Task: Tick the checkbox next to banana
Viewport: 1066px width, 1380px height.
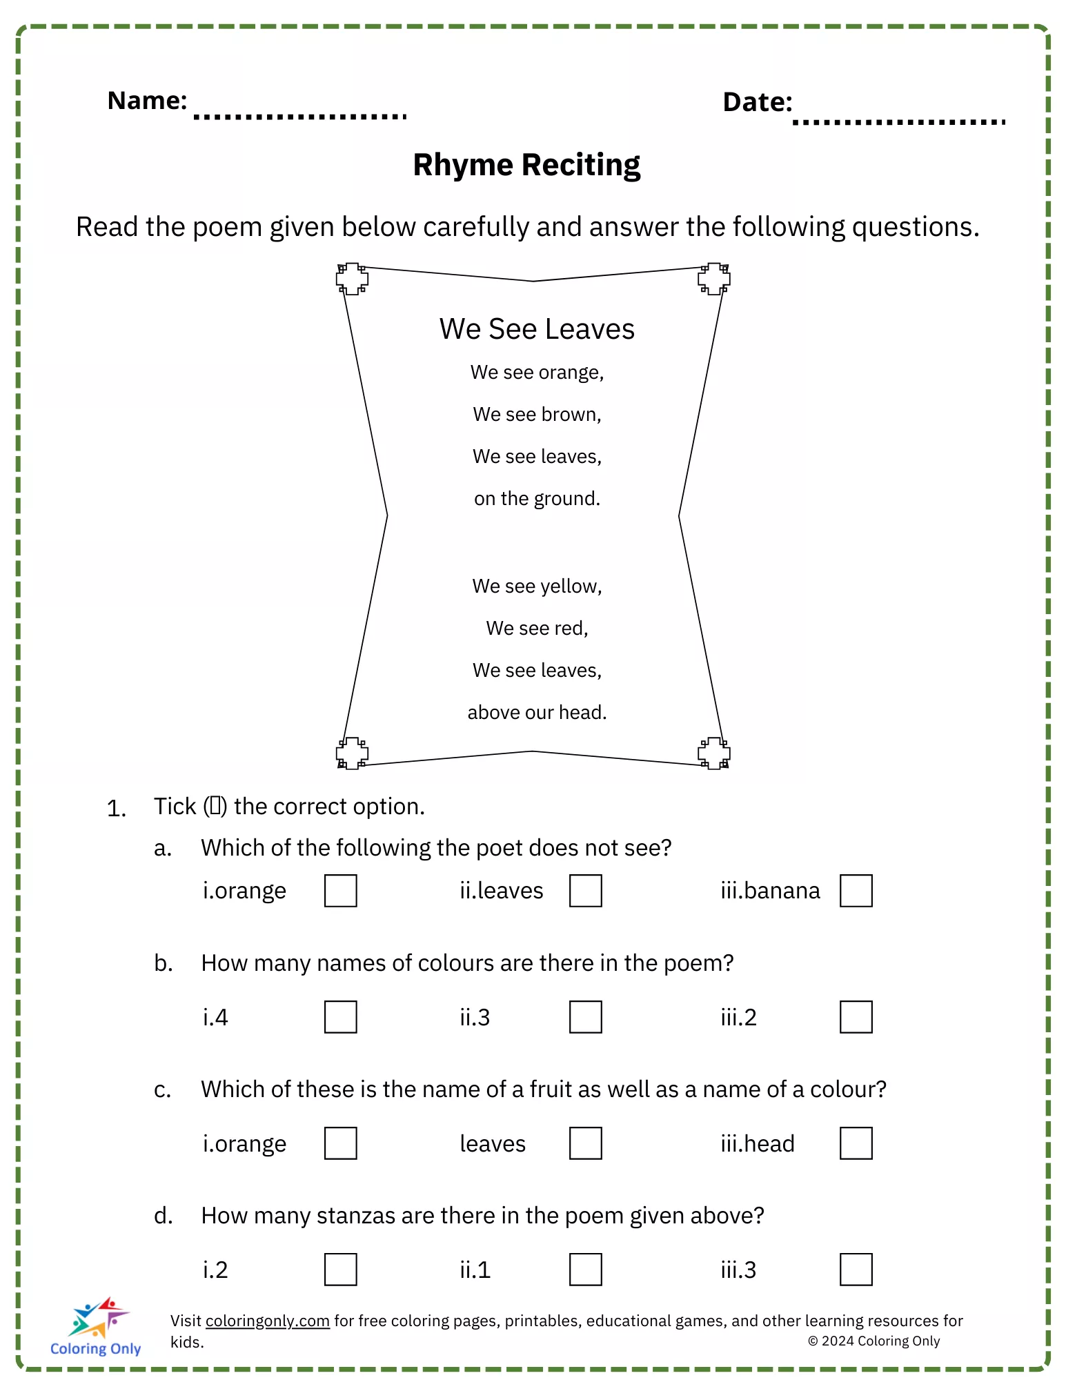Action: click(856, 890)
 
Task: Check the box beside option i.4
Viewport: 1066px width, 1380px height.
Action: click(340, 1016)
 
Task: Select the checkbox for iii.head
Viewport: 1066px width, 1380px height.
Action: click(856, 1143)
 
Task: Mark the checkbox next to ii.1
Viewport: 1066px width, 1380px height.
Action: click(585, 1269)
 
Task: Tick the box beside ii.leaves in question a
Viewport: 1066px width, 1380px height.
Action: click(585, 890)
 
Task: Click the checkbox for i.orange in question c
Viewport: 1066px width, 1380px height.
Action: click(340, 1143)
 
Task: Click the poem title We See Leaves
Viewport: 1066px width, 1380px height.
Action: click(537, 329)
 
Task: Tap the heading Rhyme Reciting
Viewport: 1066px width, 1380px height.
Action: click(526, 165)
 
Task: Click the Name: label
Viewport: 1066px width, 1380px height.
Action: click(147, 101)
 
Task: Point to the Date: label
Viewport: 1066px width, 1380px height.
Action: click(757, 102)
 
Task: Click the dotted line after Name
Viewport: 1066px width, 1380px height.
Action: click(300, 117)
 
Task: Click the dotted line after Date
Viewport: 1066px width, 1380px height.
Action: click(899, 122)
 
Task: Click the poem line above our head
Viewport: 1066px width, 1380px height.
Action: click(537, 712)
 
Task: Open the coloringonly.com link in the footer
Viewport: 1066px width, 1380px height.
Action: click(267, 1321)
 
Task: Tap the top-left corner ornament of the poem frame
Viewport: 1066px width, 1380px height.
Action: click(352, 279)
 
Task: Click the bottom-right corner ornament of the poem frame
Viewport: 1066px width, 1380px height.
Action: click(713, 753)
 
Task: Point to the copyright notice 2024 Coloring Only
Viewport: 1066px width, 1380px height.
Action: click(873, 1341)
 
